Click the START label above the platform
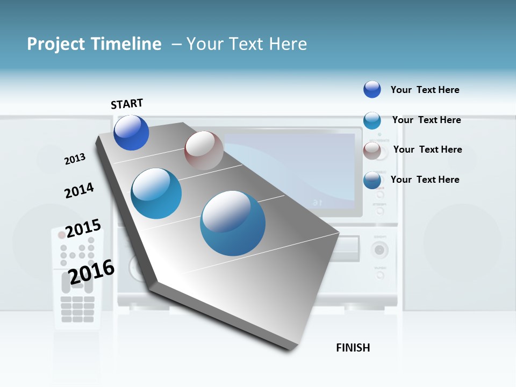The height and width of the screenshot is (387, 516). pos(127,104)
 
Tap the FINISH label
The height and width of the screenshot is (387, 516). pos(353,348)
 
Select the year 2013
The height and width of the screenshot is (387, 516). pos(75,159)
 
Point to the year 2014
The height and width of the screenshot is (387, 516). pos(79,190)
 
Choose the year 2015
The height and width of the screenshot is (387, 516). pos(83,228)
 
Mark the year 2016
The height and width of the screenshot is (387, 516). pos(91,271)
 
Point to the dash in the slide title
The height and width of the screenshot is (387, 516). pos(176,44)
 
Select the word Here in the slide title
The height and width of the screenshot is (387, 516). pos(288,44)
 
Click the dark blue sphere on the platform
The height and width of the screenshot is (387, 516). pos(131,133)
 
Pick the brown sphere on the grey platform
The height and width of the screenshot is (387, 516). pos(204,150)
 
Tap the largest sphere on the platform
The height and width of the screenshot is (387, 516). pos(233,223)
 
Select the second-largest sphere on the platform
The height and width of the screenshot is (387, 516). pos(156,193)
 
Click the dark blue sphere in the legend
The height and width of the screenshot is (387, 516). pos(372,89)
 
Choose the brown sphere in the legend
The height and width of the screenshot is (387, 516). pos(372,150)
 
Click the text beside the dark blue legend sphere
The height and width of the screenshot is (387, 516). pos(425,90)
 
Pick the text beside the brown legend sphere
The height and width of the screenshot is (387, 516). pos(427,149)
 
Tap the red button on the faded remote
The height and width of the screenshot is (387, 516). pos(62,235)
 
